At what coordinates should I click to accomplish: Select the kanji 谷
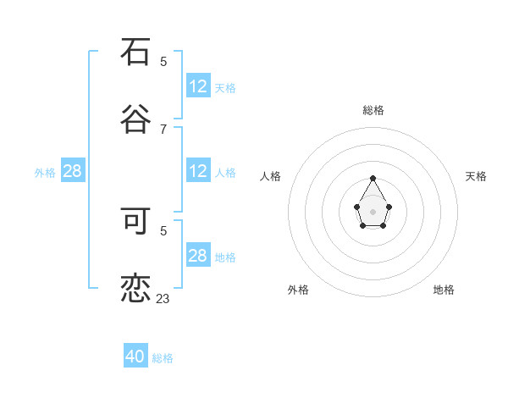tap(135, 119)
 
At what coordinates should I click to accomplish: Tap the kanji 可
tap(135, 220)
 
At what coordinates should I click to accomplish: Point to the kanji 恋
tap(135, 289)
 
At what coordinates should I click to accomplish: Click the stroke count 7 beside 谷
tap(163, 129)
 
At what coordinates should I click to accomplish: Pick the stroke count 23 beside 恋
tap(163, 298)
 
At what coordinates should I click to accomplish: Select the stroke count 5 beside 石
tap(163, 61)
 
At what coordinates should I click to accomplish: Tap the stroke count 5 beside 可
tap(163, 229)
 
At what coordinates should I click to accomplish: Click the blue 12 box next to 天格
tap(198, 86)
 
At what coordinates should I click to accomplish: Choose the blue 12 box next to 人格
tap(198, 171)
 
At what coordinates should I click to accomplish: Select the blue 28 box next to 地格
tap(198, 256)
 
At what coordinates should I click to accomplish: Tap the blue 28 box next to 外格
tap(73, 171)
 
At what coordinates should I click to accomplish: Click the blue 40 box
tap(135, 357)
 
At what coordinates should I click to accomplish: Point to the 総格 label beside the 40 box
tap(163, 358)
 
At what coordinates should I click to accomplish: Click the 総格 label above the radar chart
tap(373, 110)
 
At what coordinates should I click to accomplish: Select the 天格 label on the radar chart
tap(477, 176)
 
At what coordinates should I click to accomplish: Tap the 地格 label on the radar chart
tap(444, 290)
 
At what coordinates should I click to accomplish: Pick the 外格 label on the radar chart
tap(298, 290)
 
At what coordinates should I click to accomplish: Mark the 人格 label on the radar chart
tap(271, 176)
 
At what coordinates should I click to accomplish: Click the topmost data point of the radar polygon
tap(373, 178)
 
